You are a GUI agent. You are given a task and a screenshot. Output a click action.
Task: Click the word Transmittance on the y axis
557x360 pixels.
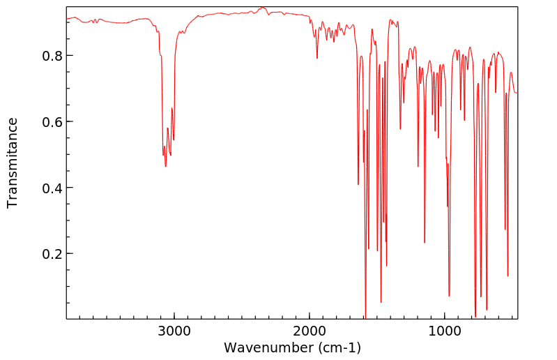(x=13, y=163)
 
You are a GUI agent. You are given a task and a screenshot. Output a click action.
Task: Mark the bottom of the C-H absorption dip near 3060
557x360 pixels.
(x=166, y=166)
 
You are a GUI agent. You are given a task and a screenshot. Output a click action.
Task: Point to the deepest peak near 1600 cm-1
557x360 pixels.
(x=365, y=315)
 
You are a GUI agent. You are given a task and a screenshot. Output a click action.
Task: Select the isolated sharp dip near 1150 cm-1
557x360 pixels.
(x=425, y=242)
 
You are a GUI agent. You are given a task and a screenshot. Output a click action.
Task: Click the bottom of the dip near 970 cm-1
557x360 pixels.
(x=449, y=296)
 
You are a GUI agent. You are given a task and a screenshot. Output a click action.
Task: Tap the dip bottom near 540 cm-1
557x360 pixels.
(x=508, y=276)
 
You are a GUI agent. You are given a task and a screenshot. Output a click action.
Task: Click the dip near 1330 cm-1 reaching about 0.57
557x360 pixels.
(x=400, y=128)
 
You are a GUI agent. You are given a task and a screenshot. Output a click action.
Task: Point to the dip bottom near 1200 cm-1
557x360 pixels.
(x=418, y=166)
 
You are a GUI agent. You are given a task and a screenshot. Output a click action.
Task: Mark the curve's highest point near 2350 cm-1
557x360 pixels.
(x=262, y=8)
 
